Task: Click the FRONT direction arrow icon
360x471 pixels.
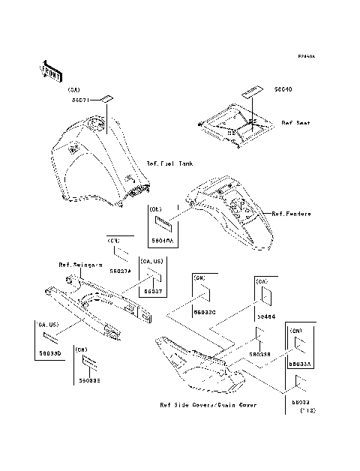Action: (x=50, y=70)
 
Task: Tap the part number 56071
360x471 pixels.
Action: (x=82, y=99)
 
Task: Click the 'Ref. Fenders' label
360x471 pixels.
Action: (x=291, y=214)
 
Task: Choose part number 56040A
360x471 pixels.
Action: (x=162, y=240)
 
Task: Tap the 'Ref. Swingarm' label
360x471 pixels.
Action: (x=80, y=265)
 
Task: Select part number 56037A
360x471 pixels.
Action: (x=120, y=270)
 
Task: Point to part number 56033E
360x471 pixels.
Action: (x=88, y=381)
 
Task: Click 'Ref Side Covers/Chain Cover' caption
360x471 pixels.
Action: (x=208, y=405)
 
